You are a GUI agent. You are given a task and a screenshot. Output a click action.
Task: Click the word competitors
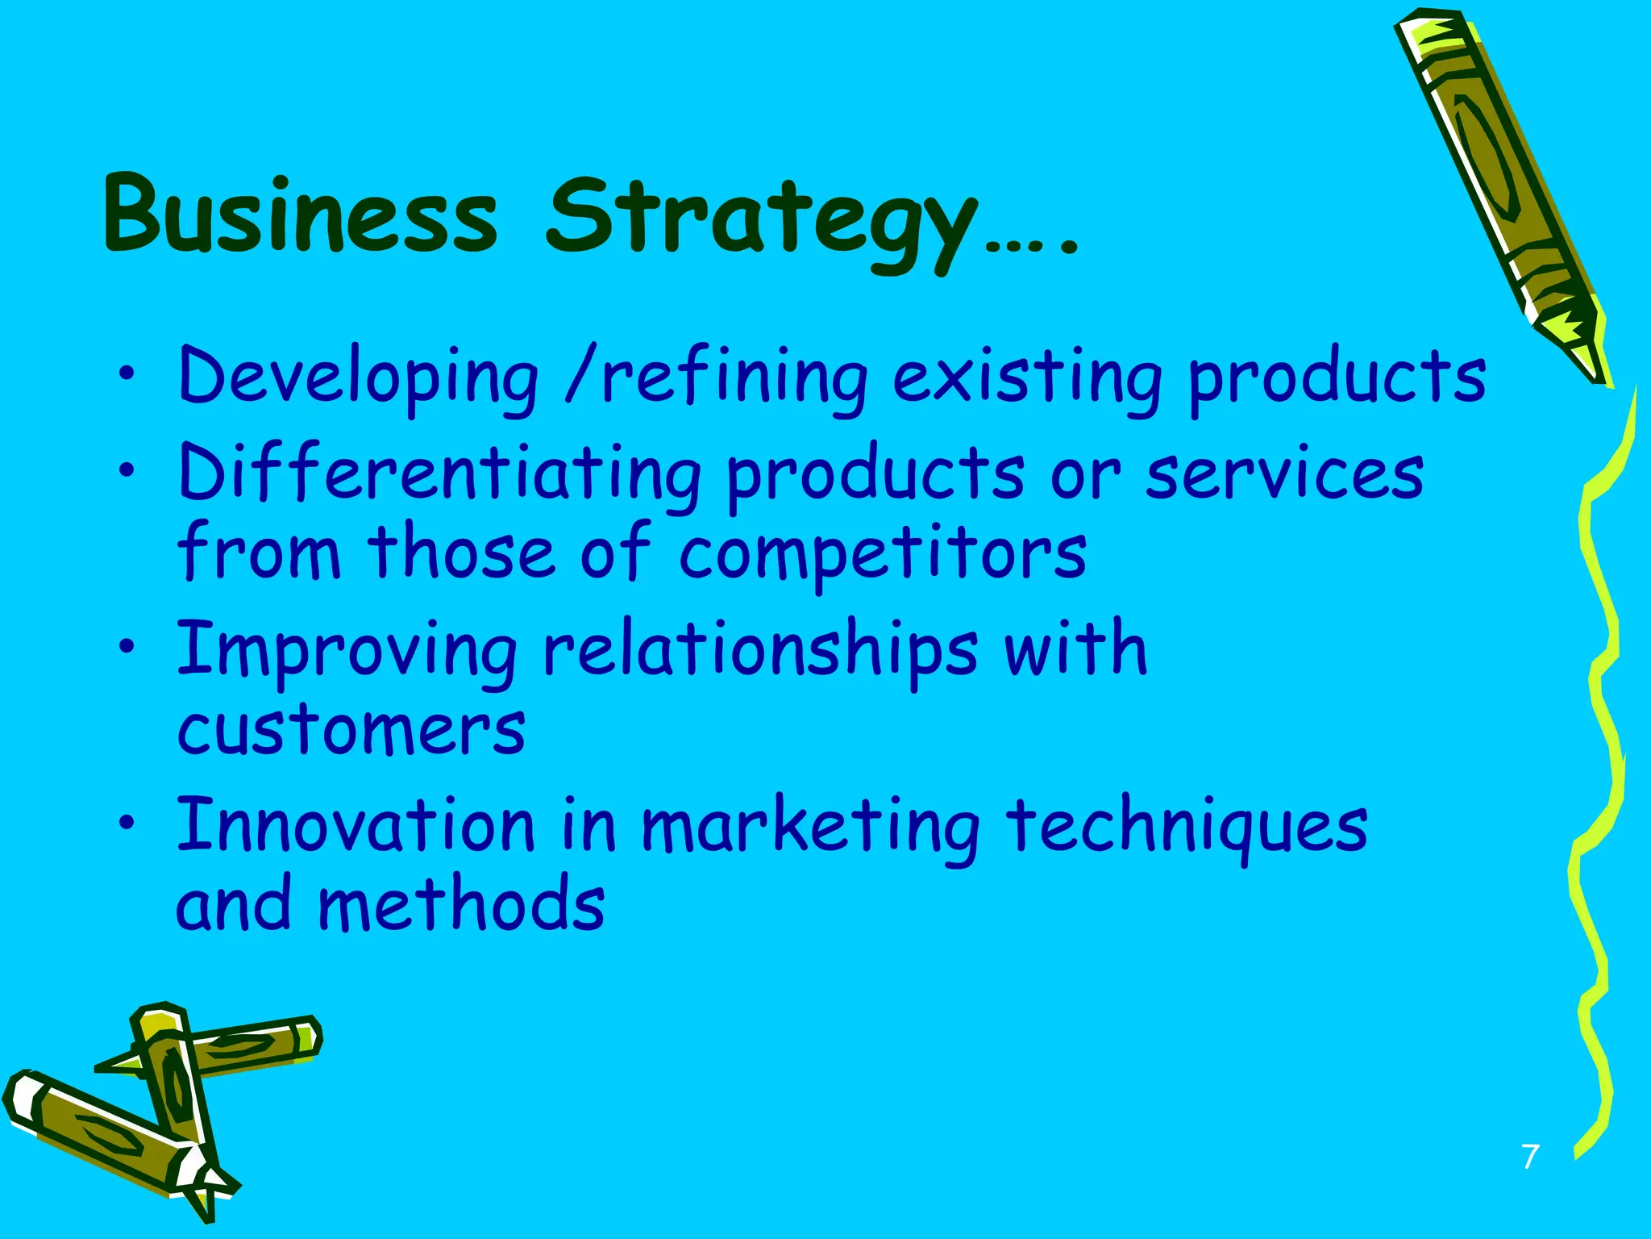coord(882,553)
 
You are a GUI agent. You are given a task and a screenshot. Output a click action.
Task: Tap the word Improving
coord(347,650)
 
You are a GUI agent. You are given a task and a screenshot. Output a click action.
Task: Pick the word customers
coord(351,729)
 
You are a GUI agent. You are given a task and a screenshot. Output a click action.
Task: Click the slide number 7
coord(1530,1156)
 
